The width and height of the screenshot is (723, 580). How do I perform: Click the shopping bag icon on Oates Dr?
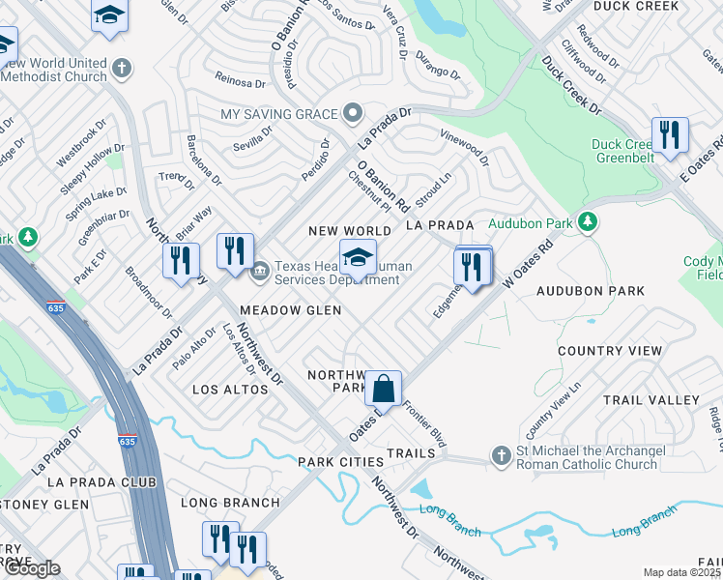click(x=384, y=389)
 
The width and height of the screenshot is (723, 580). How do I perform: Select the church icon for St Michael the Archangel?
click(x=500, y=455)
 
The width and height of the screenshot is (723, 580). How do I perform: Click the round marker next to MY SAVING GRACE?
click(x=354, y=114)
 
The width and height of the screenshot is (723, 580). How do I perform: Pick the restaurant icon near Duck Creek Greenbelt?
click(x=669, y=135)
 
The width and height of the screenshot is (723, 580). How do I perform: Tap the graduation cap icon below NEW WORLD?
click(x=358, y=258)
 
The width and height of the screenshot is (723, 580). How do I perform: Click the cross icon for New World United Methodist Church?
click(x=121, y=70)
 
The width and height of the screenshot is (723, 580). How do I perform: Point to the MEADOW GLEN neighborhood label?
click(x=290, y=310)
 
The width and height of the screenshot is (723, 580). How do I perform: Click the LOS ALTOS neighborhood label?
click(x=230, y=390)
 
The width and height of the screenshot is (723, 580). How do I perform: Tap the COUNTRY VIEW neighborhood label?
click(x=610, y=351)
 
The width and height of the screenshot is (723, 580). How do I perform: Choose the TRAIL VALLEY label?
click(x=651, y=399)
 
